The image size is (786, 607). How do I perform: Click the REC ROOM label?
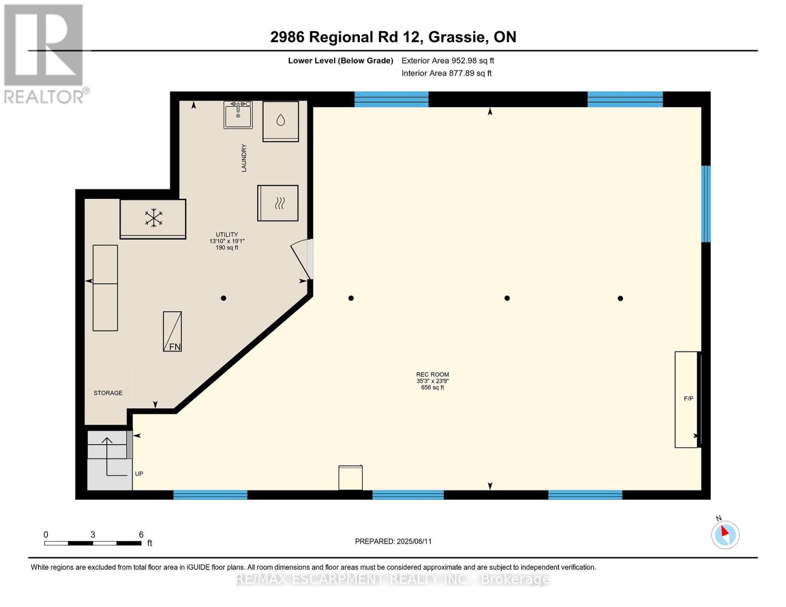pos(432,374)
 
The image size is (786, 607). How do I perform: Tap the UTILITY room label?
pos(227,234)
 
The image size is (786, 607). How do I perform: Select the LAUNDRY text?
pos(244,158)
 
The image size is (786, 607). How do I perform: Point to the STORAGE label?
pos(108,393)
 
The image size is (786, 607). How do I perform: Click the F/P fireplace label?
pos(688,399)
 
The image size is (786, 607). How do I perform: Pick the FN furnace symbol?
pos(172,331)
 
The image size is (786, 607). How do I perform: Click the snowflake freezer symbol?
pos(153,218)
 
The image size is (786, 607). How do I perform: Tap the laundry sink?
pos(238,115)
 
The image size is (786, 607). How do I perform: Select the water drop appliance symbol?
pos(280,120)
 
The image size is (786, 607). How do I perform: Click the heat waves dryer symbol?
pos(279,203)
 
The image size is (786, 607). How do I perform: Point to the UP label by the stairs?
pos(139,474)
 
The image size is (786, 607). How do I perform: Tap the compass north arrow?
pos(725,531)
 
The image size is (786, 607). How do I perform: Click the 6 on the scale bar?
pos(141,534)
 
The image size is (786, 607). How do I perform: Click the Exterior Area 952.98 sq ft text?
pos(447,61)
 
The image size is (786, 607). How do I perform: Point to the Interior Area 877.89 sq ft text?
pos(446,73)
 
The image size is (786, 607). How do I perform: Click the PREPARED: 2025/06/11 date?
pos(393,542)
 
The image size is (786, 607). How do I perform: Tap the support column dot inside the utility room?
pos(224,298)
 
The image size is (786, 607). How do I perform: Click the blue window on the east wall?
pos(706,204)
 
